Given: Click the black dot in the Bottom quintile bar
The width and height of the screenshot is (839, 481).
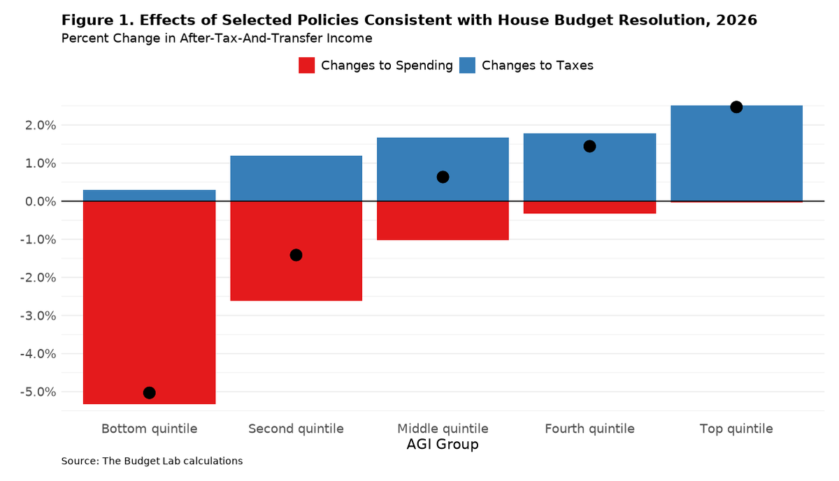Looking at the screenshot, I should [149, 393].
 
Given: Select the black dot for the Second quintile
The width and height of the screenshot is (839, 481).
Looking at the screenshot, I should [296, 255].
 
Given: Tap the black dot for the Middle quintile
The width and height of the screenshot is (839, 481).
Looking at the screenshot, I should [443, 177].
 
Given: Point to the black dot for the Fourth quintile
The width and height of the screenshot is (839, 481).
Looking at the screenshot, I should [589, 146].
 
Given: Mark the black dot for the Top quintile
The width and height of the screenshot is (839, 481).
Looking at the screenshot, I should [736, 107].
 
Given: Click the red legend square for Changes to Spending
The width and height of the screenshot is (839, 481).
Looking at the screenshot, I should [307, 65].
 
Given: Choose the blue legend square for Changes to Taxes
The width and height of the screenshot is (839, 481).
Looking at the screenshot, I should [467, 65].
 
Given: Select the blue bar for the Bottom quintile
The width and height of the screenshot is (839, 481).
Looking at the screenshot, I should [149, 196].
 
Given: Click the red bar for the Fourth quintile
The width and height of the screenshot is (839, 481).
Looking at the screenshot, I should [589, 208].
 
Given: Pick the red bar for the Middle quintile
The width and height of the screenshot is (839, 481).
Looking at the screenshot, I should [443, 221].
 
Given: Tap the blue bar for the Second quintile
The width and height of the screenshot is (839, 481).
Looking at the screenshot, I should [296, 178].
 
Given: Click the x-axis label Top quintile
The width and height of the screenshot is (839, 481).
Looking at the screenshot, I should [736, 429].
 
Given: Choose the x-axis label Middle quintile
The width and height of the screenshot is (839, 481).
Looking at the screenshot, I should [443, 429].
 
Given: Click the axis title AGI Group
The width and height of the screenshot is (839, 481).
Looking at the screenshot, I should [443, 445].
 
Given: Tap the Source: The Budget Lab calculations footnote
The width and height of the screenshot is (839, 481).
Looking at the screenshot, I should [152, 461].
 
